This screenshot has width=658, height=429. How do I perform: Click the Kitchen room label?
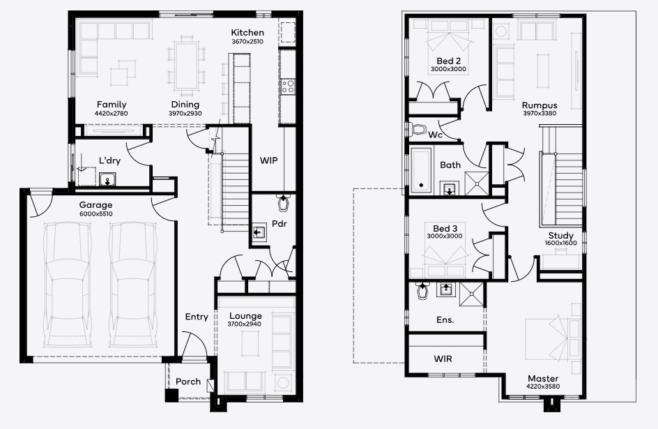click(x=247, y=32)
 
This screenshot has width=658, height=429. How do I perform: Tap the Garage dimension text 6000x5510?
click(x=95, y=213)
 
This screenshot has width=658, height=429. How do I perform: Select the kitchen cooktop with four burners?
click(x=288, y=86)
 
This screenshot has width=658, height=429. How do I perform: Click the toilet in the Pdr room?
click(x=284, y=203)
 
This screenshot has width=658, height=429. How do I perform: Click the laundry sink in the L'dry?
click(x=107, y=180)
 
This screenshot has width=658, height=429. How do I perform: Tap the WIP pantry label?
click(x=268, y=160)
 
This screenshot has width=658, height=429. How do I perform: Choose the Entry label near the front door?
click(x=197, y=317)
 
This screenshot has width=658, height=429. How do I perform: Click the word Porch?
click(x=188, y=382)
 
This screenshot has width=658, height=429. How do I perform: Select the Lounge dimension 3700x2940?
click(x=244, y=324)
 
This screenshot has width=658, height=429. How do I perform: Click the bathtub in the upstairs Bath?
click(x=420, y=170)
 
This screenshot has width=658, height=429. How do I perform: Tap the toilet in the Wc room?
click(x=418, y=129)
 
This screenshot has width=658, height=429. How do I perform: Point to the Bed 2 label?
click(x=449, y=61)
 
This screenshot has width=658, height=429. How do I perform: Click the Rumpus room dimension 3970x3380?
click(x=540, y=113)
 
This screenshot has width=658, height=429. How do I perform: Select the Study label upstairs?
click(x=561, y=236)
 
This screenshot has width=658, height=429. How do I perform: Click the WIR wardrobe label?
click(x=443, y=359)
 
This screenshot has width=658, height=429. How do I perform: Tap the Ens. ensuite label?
click(x=445, y=320)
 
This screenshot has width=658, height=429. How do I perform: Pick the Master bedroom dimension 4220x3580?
click(x=543, y=386)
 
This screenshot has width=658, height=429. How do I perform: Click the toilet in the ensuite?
click(x=422, y=290)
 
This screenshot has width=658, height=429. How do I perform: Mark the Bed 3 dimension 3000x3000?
click(x=445, y=236)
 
